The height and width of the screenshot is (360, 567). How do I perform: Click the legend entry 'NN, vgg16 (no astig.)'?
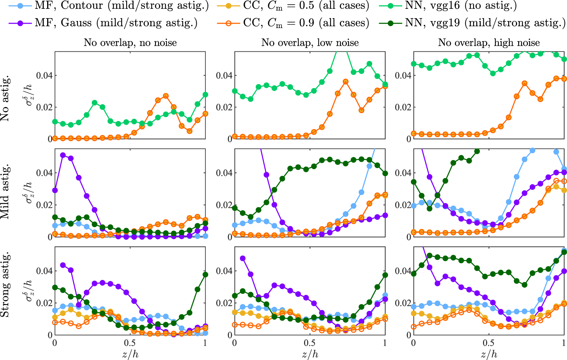[461, 6]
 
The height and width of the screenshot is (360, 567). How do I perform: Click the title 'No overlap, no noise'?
[130, 43]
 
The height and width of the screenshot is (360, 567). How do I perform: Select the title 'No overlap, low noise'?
[310, 43]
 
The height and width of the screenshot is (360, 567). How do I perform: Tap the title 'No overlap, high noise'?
[489, 43]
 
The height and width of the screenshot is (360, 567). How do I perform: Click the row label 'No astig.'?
[5, 99]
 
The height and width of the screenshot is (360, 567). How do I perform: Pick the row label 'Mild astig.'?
[5, 192]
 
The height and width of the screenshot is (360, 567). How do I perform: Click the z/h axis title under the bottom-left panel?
[130, 354]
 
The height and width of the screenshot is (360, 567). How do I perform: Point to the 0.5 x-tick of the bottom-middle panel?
[309, 343]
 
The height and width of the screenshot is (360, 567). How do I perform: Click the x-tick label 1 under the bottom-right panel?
[564, 343]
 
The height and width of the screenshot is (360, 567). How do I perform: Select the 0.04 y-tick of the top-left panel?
[45, 75]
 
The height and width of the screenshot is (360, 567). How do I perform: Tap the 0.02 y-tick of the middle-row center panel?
[224, 205]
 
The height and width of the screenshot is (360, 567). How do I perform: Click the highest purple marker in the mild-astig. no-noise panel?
[63, 155]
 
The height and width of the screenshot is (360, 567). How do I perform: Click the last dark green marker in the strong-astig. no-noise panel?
[205, 275]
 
